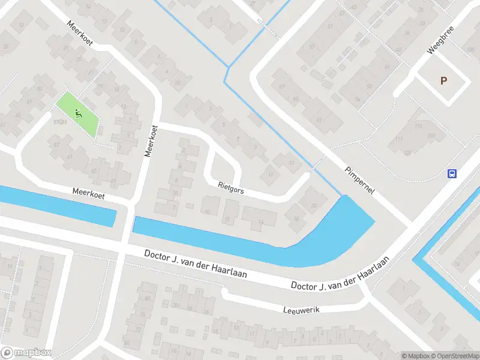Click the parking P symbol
(443, 80)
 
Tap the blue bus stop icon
(452, 174)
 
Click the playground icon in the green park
(77, 112)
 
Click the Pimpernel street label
(359, 179)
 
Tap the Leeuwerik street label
(302, 309)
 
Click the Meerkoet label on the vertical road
(151, 141)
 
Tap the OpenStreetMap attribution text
(457, 356)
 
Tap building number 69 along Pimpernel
(319, 119)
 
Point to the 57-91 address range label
(59, 122)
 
